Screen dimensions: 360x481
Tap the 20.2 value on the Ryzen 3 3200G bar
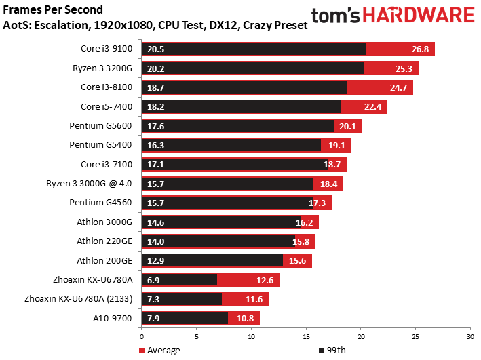click(154, 68)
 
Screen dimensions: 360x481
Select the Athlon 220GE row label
click(107, 241)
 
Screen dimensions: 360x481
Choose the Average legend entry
click(159, 351)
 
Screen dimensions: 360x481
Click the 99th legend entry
click(332, 351)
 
